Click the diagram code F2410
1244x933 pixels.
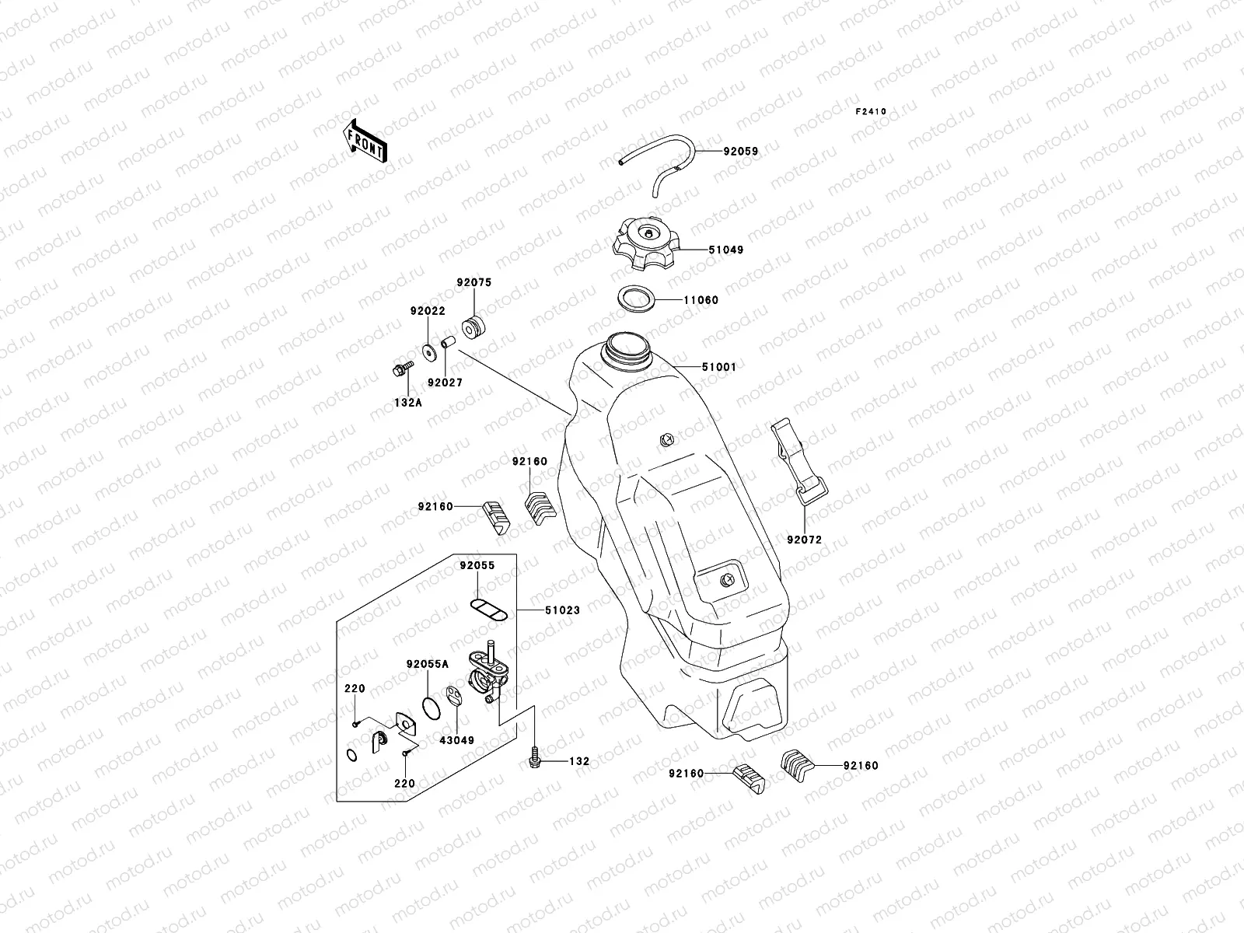pos(871,112)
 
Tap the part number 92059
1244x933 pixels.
pos(741,152)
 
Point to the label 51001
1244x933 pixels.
pos(718,366)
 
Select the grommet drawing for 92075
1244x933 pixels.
pos(470,327)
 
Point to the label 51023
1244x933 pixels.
pos(562,610)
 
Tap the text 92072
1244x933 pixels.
pos(804,540)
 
